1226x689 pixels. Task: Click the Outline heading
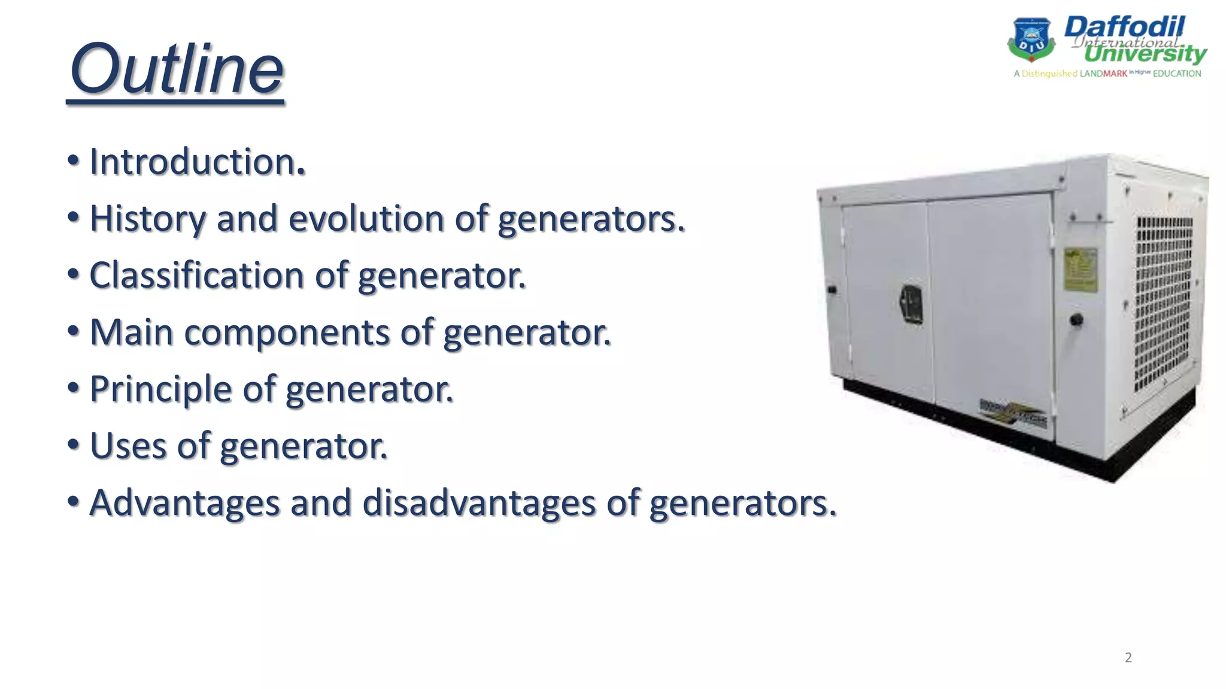point(177,70)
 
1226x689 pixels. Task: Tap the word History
point(147,219)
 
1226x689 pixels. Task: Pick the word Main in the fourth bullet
point(131,333)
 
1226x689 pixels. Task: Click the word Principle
point(160,389)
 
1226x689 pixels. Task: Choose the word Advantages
point(184,503)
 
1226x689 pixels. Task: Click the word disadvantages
point(478,503)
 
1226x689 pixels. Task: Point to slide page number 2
point(1128,658)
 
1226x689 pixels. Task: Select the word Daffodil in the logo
point(1124,26)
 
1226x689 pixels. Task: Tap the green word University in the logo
point(1145,54)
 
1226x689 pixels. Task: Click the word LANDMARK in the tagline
point(1103,74)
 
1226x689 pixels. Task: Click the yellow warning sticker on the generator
point(1081,270)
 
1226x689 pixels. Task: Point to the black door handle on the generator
point(912,304)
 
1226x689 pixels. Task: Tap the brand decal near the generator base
point(1013,413)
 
